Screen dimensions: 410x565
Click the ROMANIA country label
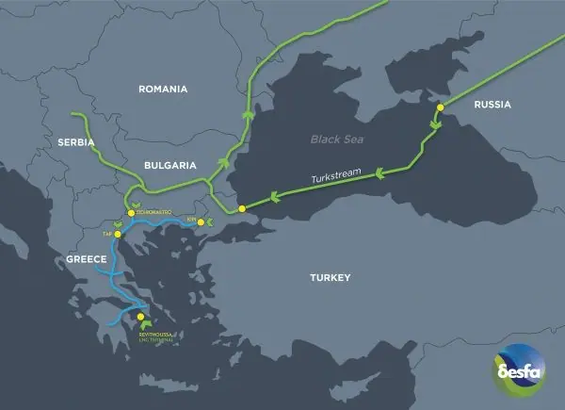[163, 90]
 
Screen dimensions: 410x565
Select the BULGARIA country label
[169, 164]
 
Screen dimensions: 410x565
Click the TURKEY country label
[330, 278]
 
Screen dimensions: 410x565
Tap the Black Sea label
[337, 139]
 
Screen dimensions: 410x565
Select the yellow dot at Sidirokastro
[131, 213]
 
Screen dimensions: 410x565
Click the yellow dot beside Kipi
[200, 222]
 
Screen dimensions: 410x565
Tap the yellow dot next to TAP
[118, 234]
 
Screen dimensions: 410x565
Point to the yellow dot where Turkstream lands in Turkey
[242, 207]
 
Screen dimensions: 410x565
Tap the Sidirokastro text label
[154, 213]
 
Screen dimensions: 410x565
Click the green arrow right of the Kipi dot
[211, 222]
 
